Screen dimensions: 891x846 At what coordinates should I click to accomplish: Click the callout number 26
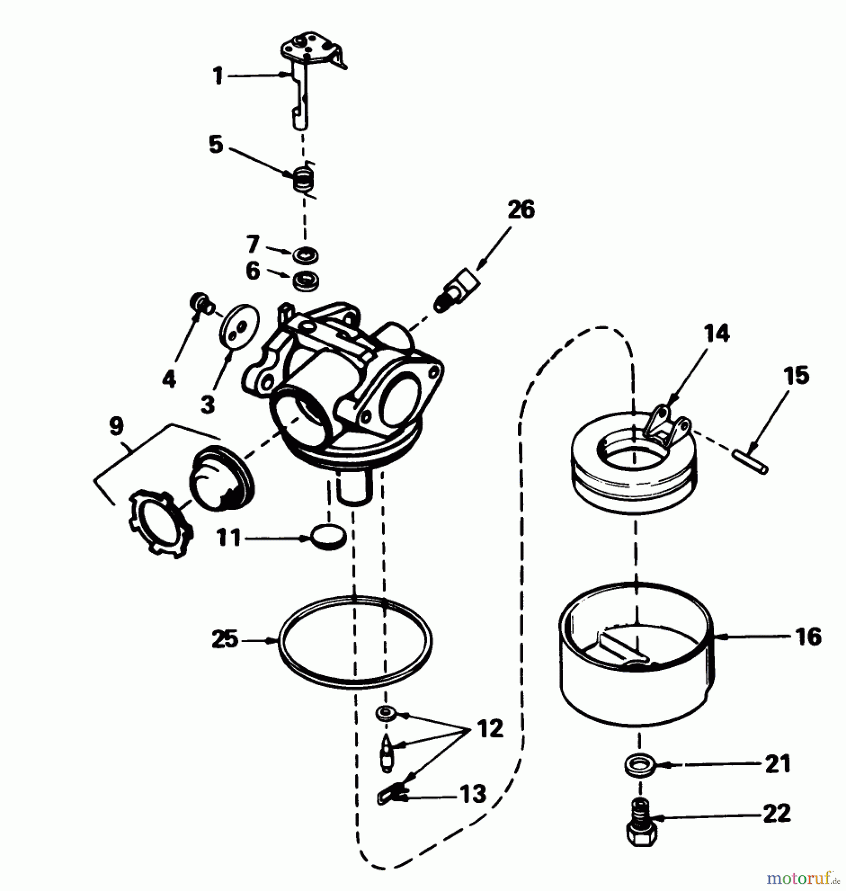pos(521,210)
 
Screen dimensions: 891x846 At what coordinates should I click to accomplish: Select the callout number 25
pos(225,640)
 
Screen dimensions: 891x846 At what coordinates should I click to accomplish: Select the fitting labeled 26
pos(458,292)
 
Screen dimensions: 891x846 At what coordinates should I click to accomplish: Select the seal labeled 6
pos(305,281)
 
